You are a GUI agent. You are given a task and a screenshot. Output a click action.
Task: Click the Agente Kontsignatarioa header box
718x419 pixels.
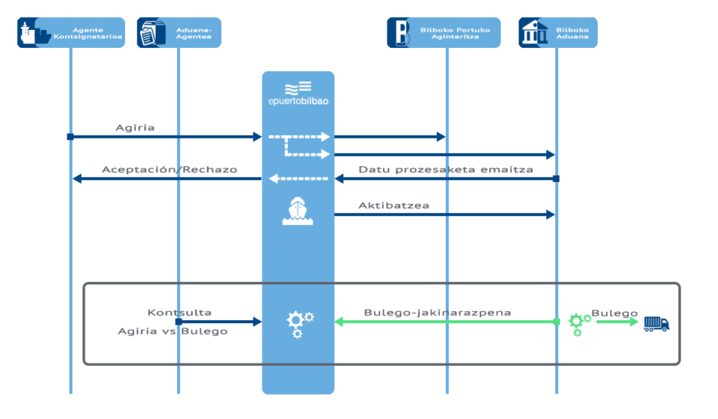click(71, 33)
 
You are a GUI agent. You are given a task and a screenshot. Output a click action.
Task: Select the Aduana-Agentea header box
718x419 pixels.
click(179, 33)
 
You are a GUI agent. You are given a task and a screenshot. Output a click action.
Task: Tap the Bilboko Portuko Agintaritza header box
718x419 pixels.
click(444, 33)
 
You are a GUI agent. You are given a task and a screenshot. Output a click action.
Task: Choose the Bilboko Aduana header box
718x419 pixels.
click(558, 33)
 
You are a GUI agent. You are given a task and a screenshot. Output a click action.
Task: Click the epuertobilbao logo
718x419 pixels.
click(298, 94)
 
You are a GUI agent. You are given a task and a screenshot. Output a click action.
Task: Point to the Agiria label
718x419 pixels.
click(135, 127)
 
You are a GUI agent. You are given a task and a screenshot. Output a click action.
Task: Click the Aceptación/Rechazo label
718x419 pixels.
click(169, 169)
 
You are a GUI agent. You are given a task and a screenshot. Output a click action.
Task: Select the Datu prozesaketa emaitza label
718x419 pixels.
click(446, 169)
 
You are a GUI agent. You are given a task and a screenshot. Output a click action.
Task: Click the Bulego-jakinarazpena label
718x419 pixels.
click(438, 312)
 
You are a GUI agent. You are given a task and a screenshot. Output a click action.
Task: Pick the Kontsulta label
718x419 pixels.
click(179, 312)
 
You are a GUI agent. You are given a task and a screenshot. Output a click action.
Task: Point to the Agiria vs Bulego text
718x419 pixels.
click(173, 331)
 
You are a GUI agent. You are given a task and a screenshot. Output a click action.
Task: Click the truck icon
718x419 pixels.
click(657, 322)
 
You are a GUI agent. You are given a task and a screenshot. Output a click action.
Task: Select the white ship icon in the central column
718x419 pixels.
click(298, 211)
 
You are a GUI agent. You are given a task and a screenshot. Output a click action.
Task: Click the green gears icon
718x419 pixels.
click(579, 323)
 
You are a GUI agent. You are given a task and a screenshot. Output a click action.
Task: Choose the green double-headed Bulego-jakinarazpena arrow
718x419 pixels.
click(446, 322)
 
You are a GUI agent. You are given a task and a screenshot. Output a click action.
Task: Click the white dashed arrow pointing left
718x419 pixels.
click(298, 178)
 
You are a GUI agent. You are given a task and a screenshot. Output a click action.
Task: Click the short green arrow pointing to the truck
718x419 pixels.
click(617, 322)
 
